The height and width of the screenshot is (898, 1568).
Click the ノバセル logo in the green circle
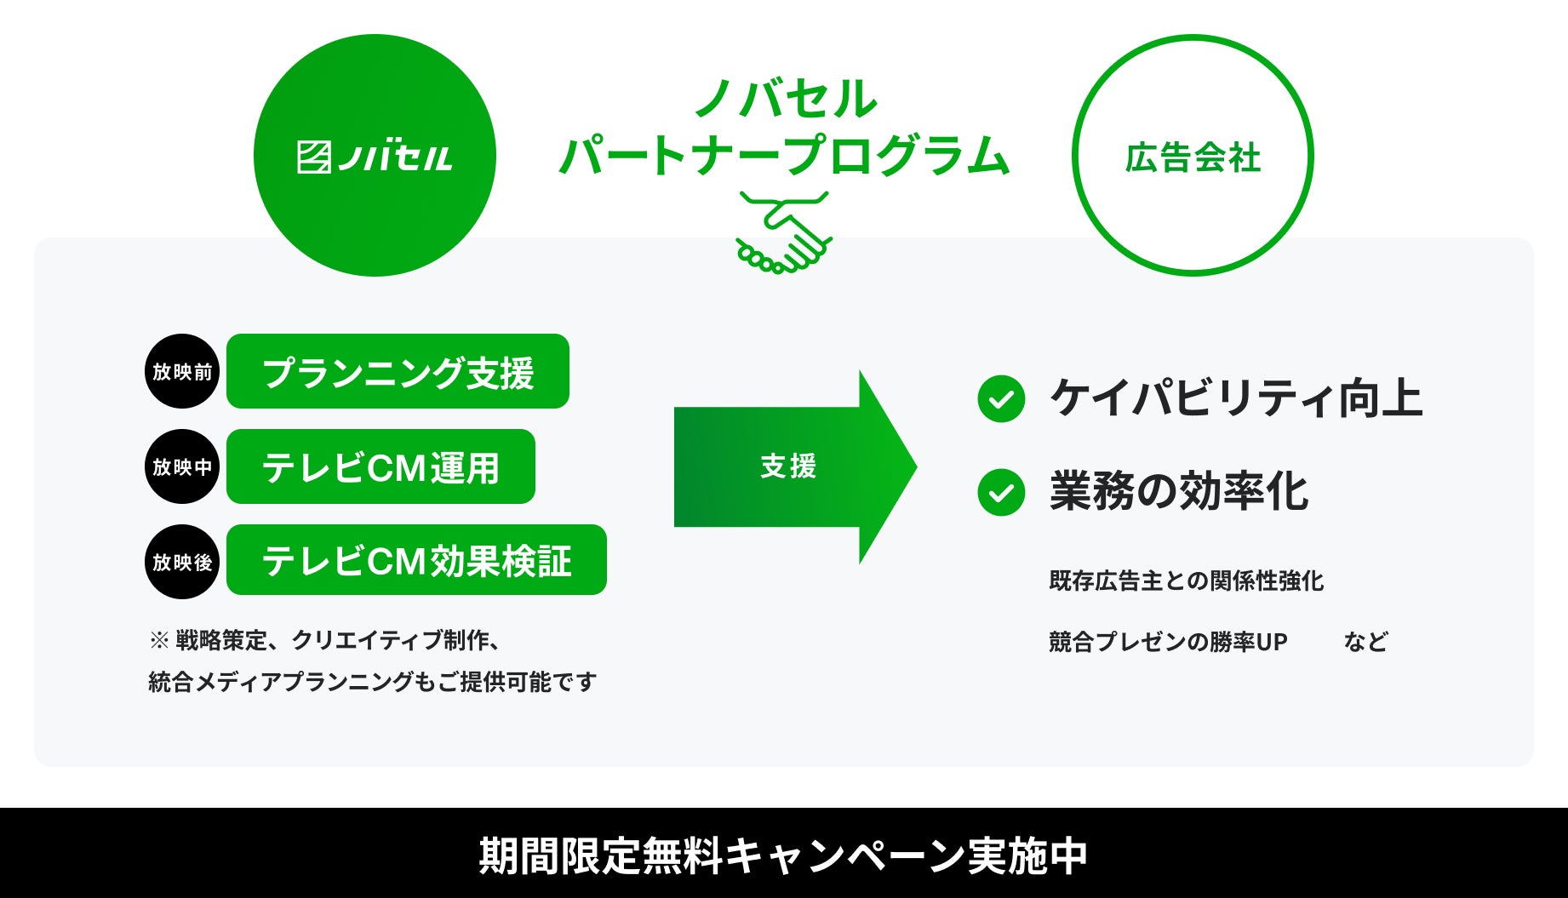[x=375, y=157]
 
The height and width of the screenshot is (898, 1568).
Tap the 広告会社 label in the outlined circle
[x=1192, y=158]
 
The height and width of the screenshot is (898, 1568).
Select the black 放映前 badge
[x=182, y=372]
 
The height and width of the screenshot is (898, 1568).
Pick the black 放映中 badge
[x=182, y=466]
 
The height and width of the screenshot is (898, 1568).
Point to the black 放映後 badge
[x=182, y=562]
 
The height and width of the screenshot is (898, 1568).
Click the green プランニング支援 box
[x=398, y=372]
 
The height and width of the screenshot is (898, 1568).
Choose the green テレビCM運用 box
[x=381, y=467]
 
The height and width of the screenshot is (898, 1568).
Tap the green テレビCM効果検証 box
[x=416, y=560]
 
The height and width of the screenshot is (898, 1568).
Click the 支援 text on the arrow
[x=788, y=466]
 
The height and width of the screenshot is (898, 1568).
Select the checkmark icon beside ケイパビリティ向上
[x=1001, y=398]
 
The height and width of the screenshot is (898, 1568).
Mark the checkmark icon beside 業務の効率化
[x=1001, y=492]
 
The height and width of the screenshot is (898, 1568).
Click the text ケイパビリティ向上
[x=1236, y=398]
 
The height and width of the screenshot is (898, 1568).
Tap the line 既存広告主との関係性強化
[x=1186, y=581]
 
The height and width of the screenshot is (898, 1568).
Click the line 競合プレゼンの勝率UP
[x=1168, y=642]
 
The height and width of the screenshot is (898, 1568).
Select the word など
[x=1365, y=642]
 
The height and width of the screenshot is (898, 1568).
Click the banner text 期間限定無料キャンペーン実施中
[x=783, y=855]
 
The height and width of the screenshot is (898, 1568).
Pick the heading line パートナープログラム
[x=783, y=155]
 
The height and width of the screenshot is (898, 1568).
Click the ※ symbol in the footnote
[x=159, y=641]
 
